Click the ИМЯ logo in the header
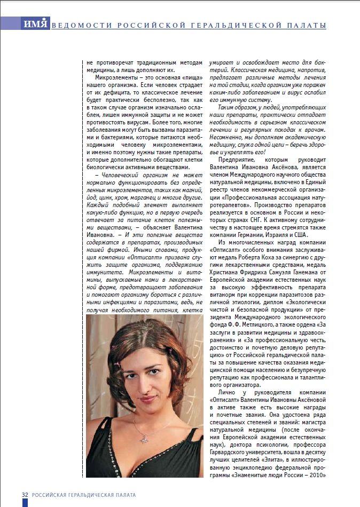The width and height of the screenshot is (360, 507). [x=36, y=25]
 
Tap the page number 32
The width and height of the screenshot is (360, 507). [x=25, y=495]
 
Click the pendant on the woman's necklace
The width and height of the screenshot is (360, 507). [x=144, y=439]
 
